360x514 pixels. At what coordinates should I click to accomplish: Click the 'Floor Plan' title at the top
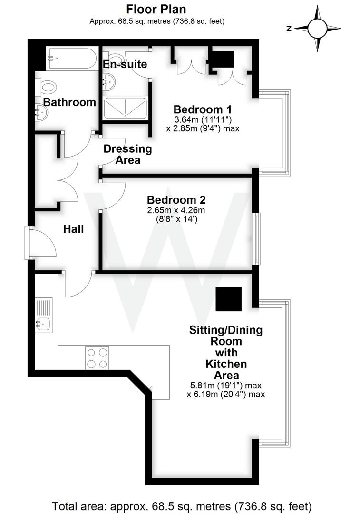[x=156, y=9]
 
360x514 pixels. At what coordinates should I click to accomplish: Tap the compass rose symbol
[x=317, y=28]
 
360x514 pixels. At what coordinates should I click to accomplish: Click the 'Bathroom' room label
[x=69, y=102]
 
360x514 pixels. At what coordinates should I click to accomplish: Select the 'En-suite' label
[x=125, y=64]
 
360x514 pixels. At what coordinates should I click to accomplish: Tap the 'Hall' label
[x=74, y=229]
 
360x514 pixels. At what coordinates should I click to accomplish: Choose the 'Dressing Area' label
[x=128, y=154]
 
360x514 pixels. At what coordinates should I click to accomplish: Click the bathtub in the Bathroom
[x=71, y=59]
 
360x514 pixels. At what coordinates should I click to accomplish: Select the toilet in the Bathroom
[x=47, y=87]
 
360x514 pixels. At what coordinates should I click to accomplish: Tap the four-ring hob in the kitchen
[x=97, y=358]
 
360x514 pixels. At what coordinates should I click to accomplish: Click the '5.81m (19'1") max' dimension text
[x=226, y=385]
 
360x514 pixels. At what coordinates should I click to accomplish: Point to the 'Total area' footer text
[x=182, y=505]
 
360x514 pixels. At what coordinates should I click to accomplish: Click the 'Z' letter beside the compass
[x=289, y=29]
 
